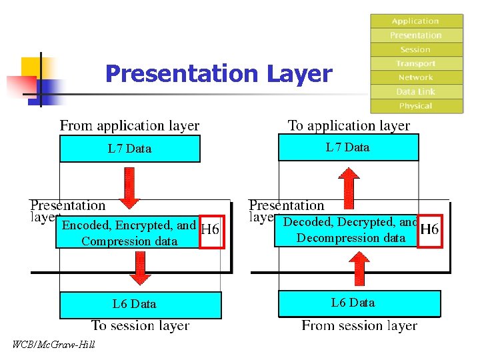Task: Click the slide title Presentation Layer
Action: [218, 73]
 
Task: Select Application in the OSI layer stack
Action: [416, 21]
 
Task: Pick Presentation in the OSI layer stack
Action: [416, 35]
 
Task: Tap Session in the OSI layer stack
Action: [416, 49]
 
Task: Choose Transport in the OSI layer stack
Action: [416, 63]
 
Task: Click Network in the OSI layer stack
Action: [416, 77]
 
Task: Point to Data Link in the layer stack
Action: [416, 91]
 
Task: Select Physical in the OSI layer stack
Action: [416, 106]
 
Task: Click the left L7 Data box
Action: [130, 149]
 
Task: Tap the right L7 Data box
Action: [348, 147]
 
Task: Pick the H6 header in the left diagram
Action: [212, 231]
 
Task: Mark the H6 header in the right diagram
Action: [429, 229]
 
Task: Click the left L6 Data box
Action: [140, 305]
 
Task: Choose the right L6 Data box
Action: [359, 303]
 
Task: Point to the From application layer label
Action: [130, 125]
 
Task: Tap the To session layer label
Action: [140, 326]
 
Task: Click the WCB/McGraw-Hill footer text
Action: [54, 344]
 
